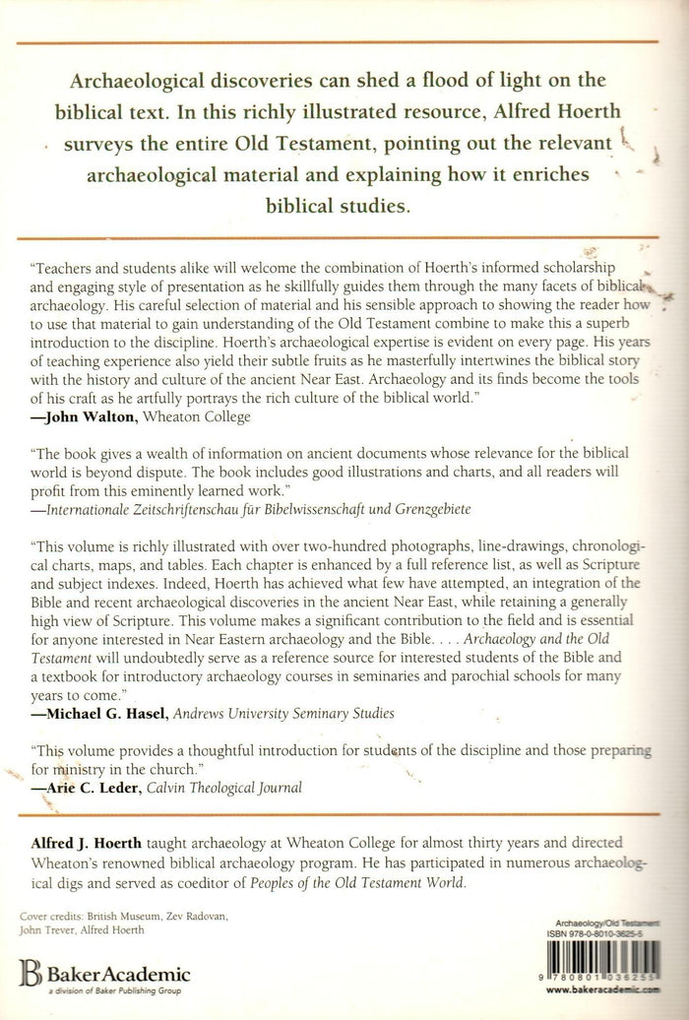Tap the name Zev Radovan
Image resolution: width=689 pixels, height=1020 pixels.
[x=204, y=917]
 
